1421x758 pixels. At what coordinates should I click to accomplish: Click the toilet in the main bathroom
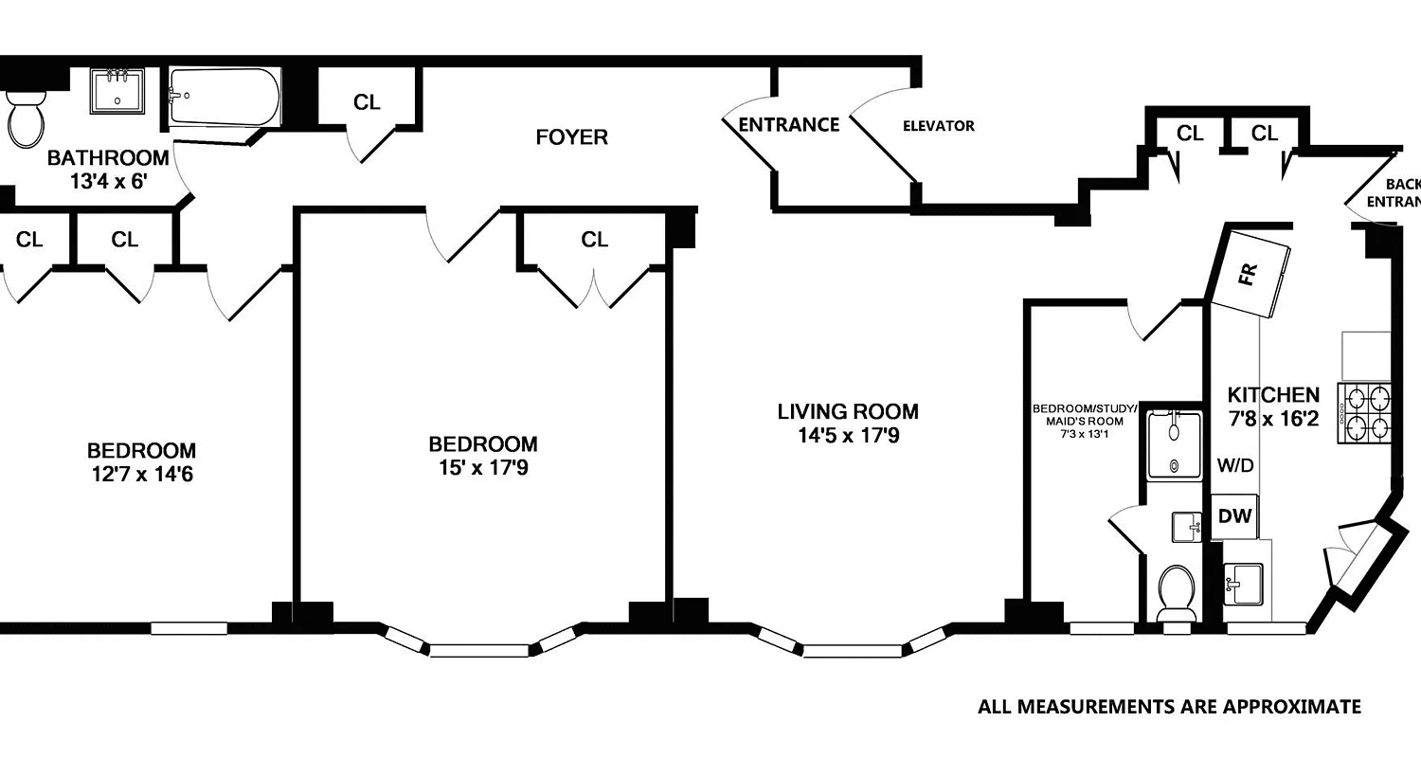26,117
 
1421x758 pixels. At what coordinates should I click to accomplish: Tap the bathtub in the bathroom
225,97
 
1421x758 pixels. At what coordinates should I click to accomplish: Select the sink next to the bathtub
118,91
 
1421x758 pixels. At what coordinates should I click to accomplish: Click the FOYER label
571,137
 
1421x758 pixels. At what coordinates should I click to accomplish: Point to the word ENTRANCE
788,124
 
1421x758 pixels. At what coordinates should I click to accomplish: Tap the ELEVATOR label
938,125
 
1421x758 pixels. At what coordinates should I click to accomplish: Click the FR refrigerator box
1250,275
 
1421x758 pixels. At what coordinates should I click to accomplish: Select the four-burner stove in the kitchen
1365,412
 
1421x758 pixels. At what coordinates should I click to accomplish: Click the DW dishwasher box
1234,516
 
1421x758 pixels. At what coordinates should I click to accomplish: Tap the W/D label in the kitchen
1235,465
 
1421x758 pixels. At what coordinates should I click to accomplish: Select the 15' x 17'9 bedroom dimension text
483,467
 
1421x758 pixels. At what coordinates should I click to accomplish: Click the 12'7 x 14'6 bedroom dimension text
142,474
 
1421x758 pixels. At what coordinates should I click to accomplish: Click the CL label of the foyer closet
367,102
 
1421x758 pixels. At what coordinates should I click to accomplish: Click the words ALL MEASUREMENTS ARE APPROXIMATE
1169,707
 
